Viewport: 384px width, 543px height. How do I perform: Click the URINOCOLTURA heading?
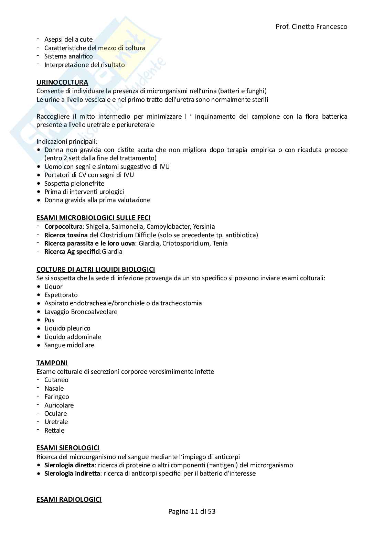click(x=62, y=83)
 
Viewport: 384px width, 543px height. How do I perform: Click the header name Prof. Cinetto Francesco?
click(x=311, y=26)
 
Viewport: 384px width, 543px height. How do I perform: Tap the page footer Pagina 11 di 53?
click(x=192, y=511)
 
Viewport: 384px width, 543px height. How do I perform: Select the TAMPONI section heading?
click(x=52, y=363)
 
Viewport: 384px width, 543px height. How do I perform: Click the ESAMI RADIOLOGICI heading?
click(x=69, y=499)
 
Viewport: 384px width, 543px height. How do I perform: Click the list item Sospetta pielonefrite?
click(x=74, y=183)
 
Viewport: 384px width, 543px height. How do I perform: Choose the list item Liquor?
click(x=53, y=286)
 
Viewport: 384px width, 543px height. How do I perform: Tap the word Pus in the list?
click(x=49, y=320)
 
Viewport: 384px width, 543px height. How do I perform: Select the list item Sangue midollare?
click(x=69, y=345)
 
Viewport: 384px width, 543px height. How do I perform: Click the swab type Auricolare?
click(x=59, y=405)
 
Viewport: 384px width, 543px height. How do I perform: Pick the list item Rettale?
click(x=54, y=430)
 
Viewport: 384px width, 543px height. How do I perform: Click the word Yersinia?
click(x=204, y=227)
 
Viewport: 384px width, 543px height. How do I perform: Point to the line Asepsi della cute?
click(x=68, y=40)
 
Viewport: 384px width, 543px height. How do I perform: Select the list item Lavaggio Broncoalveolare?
click(x=81, y=312)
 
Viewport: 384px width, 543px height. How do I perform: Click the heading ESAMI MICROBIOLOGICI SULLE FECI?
click(x=93, y=218)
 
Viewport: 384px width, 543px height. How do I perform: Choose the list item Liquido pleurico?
click(x=67, y=328)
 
